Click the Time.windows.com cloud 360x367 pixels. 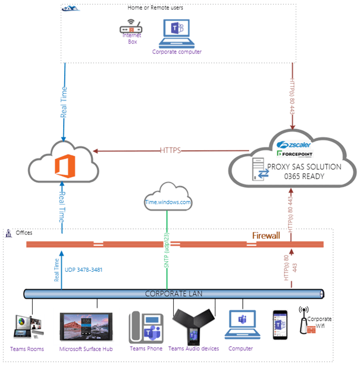point(168,202)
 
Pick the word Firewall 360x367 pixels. point(265,236)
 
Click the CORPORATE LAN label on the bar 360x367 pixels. point(175,293)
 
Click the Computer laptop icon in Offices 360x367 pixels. point(241,327)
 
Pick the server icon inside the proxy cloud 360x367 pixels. point(259,170)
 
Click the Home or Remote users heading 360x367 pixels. point(155,8)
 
